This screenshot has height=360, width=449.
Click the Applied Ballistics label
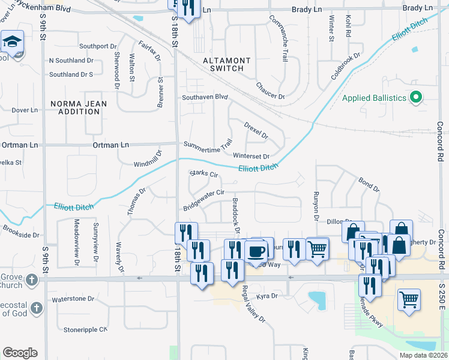(x=374, y=97)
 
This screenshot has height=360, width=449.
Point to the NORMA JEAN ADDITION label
(x=79, y=107)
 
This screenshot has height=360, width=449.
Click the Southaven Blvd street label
(x=205, y=97)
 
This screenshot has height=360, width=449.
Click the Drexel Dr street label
(x=256, y=130)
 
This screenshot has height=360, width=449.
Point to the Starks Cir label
(x=203, y=175)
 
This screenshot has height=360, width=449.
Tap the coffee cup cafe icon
(x=256, y=250)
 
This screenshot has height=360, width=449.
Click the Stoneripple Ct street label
(x=85, y=329)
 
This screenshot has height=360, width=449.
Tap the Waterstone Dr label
(x=74, y=299)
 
